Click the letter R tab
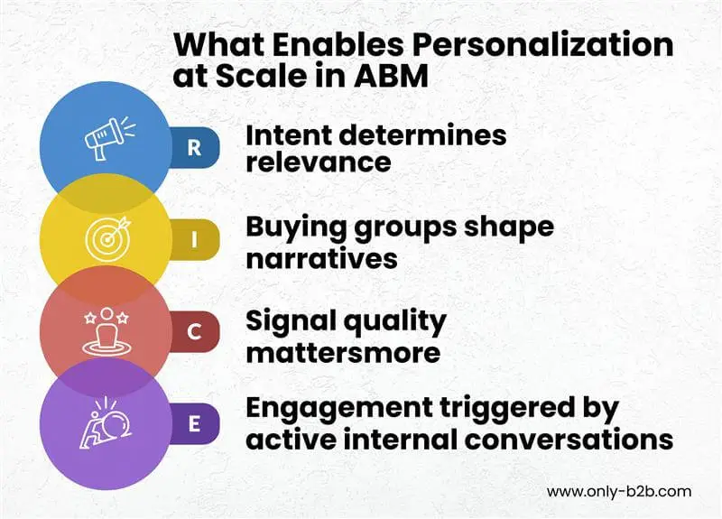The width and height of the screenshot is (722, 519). point(194,148)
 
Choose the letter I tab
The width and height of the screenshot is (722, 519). point(194,242)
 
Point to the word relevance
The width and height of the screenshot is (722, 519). point(319,163)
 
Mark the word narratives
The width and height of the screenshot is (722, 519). point(321,258)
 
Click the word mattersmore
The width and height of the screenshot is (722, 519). point(343,351)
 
